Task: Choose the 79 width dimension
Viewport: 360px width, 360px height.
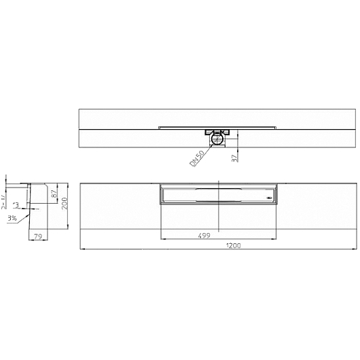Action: tap(38, 236)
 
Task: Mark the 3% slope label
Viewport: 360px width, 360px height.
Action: tap(12, 218)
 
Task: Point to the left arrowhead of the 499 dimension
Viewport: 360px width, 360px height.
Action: tap(161, 239)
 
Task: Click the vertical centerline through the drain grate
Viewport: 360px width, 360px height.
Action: tap(219, 211)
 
